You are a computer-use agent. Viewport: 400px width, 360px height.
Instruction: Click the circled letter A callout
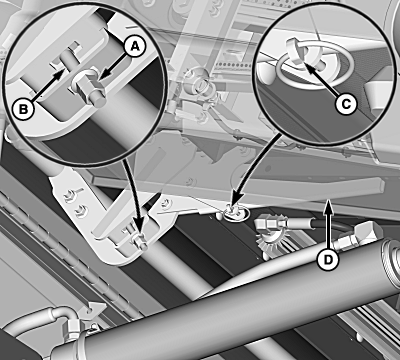tap(135, 46)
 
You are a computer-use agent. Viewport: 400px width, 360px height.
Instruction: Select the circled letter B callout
tap(23, 109)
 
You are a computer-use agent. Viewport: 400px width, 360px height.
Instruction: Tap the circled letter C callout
tap(346, 104)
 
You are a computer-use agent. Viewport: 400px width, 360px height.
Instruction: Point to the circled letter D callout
tap(328, 259)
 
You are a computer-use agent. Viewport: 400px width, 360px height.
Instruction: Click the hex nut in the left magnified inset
tap(88, 87)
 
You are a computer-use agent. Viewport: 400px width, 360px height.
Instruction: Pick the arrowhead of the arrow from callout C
tap(308, 67)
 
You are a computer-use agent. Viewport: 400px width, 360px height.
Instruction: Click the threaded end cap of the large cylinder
tap(391, 254)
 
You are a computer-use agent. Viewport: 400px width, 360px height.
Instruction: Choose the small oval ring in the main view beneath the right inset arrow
tap(235, 214)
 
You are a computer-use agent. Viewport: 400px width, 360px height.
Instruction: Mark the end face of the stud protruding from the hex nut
tap(100, 101)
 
